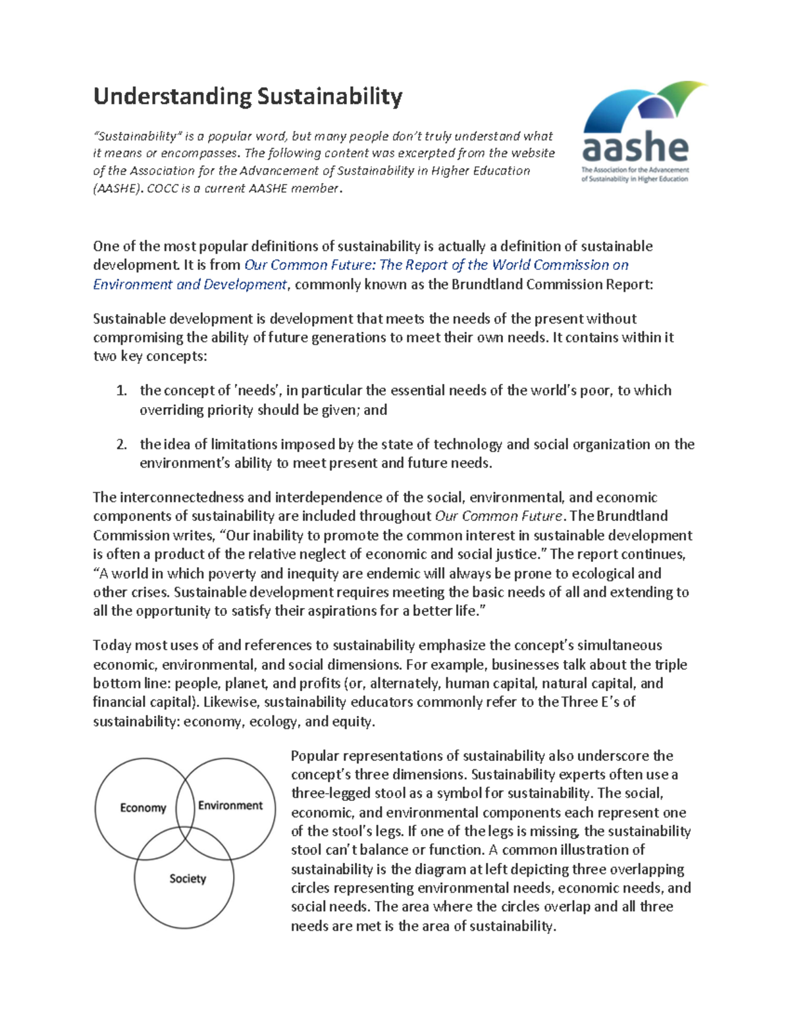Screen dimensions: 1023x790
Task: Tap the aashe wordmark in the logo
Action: (635, 148)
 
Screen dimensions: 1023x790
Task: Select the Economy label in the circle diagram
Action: (143, 808)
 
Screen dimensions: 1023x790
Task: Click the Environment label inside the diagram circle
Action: (230, 806)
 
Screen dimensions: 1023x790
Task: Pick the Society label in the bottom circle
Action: (188, 879)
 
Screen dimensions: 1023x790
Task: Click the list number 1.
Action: (121, 391)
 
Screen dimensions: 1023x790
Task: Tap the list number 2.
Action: (121, 445)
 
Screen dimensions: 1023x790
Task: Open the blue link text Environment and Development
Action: (190, 285)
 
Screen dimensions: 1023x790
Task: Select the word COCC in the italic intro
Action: (162, 188)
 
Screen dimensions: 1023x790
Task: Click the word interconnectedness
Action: (182, 497)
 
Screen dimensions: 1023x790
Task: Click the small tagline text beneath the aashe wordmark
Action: (635, 175)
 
